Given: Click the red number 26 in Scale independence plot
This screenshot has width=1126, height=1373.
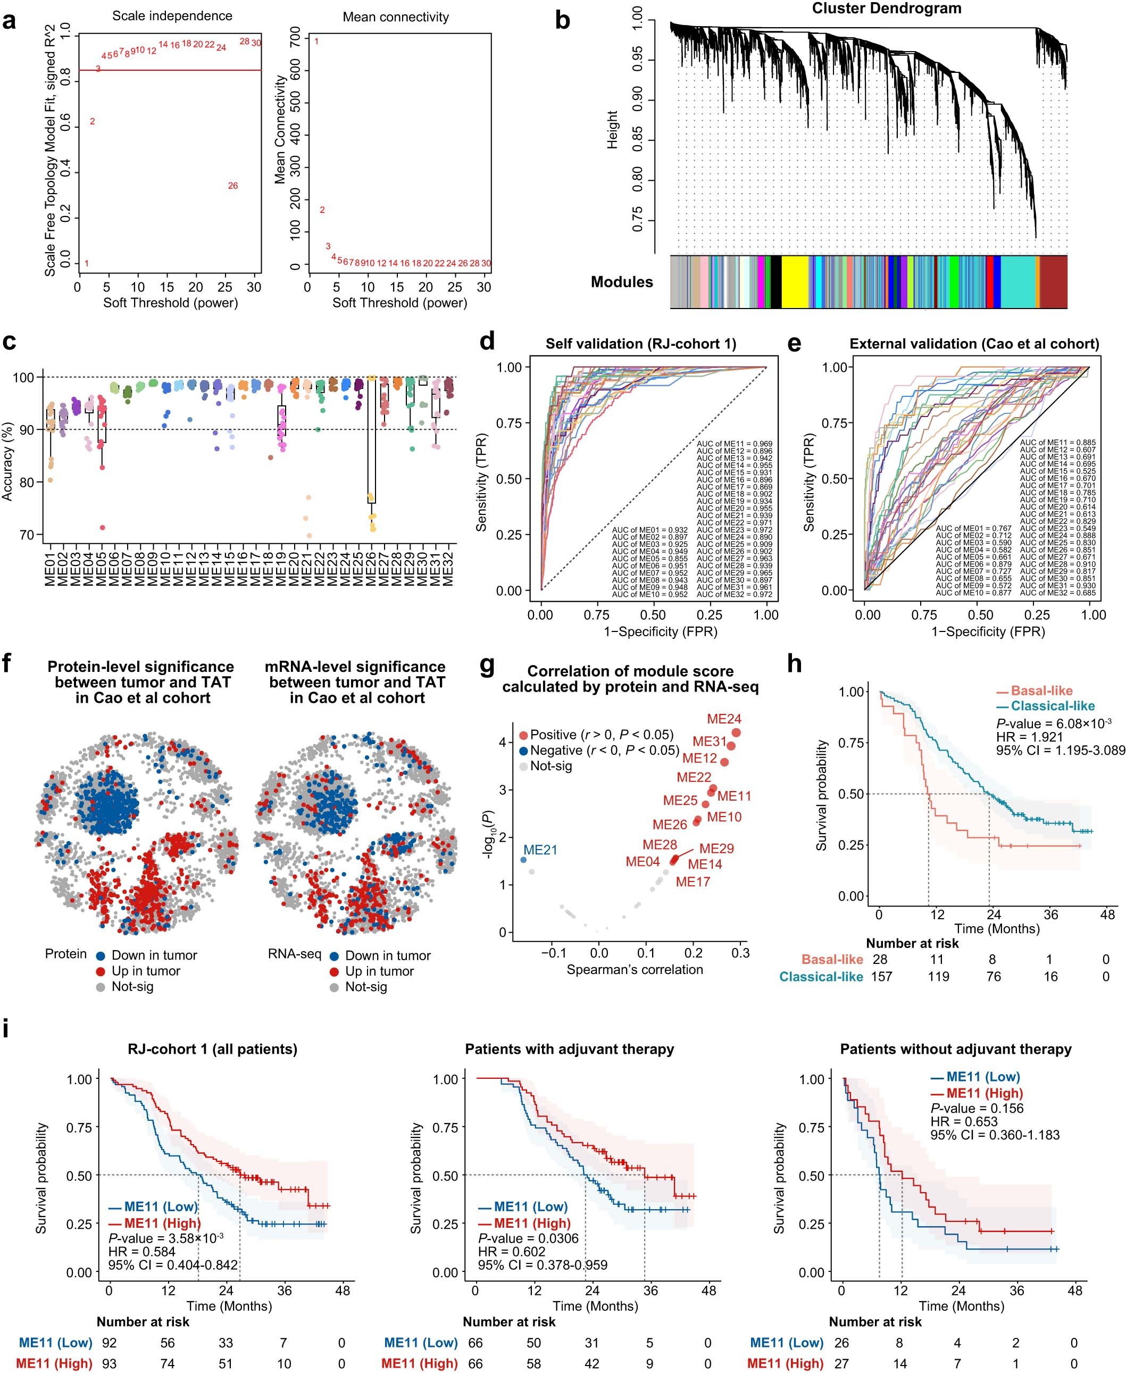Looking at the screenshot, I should [233, 186].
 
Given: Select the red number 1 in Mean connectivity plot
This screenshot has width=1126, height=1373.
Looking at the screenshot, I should [316, 42].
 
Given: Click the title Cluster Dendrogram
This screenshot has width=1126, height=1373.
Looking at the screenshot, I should [887, 9].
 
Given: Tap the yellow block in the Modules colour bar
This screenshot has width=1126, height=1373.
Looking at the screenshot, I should [803, 281].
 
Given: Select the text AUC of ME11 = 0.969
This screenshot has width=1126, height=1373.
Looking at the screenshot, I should [734, 444].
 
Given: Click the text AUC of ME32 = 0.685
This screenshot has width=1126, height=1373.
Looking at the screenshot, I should [1057, 593].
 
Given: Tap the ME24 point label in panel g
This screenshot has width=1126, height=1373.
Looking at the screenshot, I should [724, 719].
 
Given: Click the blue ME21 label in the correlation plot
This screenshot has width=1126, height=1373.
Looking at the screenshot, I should [540, 850].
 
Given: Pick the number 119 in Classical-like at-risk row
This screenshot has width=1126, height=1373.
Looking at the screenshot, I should [939, 977].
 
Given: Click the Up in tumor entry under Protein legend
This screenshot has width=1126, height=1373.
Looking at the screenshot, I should [145, 971].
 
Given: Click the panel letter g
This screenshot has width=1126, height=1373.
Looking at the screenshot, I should [487, 665].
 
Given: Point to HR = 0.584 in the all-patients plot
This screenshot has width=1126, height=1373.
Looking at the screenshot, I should [141, 1252].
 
